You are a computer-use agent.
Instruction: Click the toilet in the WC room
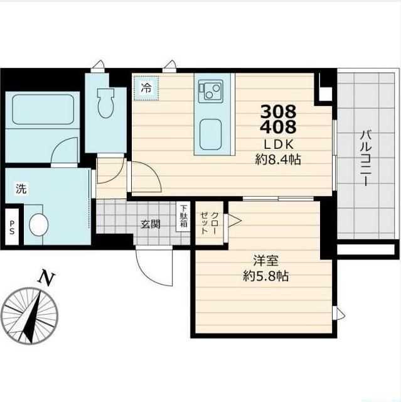pyautogui.click(x=105, y=103)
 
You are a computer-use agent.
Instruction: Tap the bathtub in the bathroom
pyautogui.click(x=43, y=109)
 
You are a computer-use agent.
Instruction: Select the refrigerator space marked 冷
pyautogui.click(x=146, y=88)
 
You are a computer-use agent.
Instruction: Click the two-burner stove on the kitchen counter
pyautogui.click(x=210, y=91)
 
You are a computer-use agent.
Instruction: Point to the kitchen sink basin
pyautogui.click(x=210, y=135)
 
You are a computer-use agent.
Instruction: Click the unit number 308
pyautogui.click(x=278, y=111)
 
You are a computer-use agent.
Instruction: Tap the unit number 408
pyautogui.click(x=278, y=126)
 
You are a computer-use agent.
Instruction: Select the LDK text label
pyautogui.click(x=279, y=145)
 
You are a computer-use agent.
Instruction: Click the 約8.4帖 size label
pyautogui.click(x=278, y=160)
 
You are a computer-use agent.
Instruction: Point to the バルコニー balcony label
pyautogui.click(x=365, y=158)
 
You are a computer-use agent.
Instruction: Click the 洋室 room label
pyautogui.click(x=265, y=261)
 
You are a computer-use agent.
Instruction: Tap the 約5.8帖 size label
pyautogui.click(x=266, y=276)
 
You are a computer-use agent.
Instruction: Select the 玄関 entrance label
pyautogui.click(x=151, y=224)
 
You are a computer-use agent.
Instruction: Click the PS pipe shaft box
pyautogui.click(x=12, y=227)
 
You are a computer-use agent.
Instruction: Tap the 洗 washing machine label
pyautogui.click(x=21, y=188)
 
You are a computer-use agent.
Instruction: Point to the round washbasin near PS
pyautogui.click(x=39, y=224)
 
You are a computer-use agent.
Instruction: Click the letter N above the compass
pyautogui.click(x=46, y=278)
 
